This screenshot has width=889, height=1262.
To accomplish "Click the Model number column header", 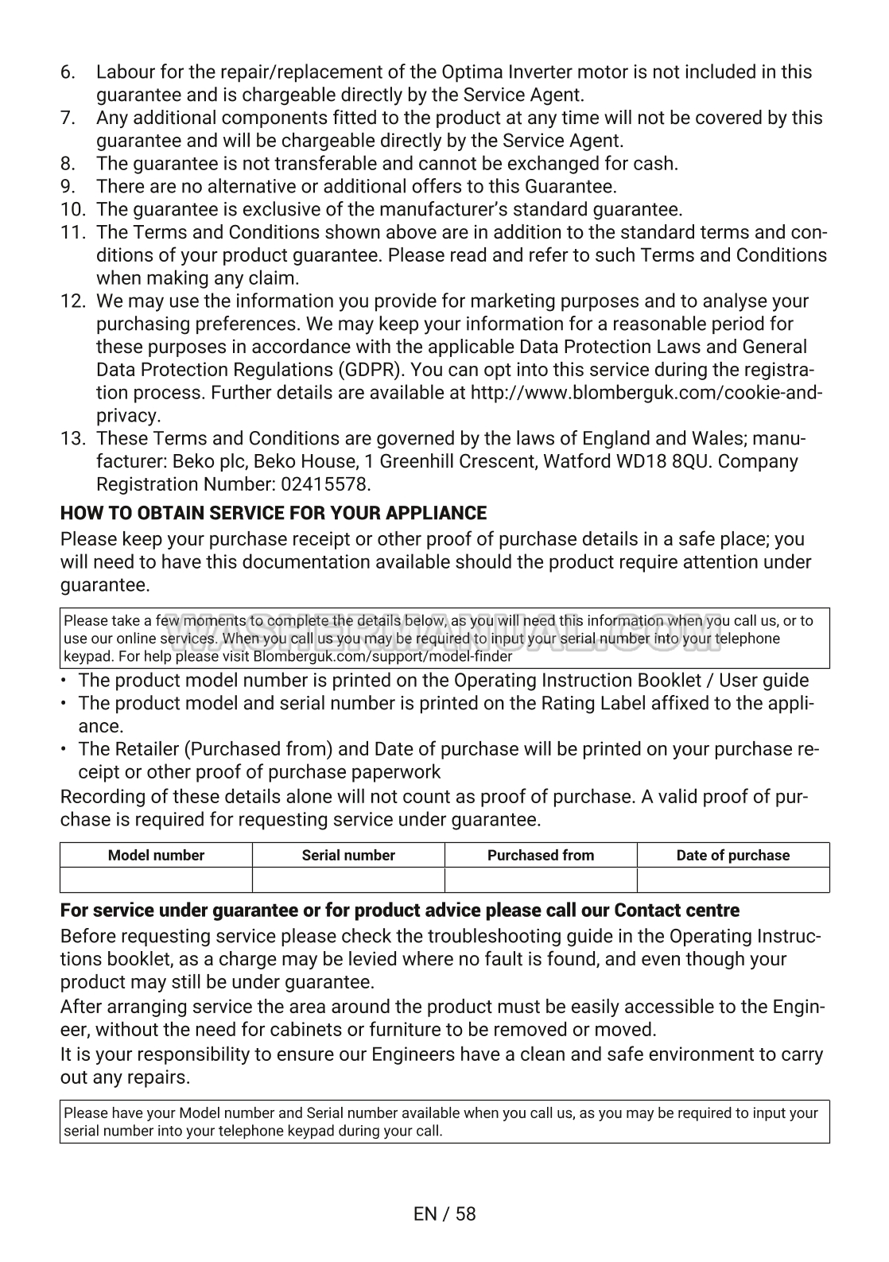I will pyautogui.click(x=156, y=856).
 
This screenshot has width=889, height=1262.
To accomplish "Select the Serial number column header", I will pyautogui.click(x=348, y=856).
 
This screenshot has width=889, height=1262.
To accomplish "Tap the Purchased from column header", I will pyautogui.click(x=541, y=856).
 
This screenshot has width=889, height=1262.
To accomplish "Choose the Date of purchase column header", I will pyautogui.click(x=733, y=856).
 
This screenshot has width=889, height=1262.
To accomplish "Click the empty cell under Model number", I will pyautogui.click(x=156, y=880).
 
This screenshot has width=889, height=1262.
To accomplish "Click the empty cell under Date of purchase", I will pyautogui.click(x=733, y=880).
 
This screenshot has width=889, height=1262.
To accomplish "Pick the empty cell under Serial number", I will pyautogui.click(x=348, y=880).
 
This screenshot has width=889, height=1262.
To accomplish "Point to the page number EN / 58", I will pyautogui.click(x=444, y=1213).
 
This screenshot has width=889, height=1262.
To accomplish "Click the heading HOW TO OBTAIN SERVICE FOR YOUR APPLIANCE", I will pyautogui.click(x=274, y=513).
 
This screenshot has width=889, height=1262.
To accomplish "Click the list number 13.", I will pyautogui.click(x=72, y=439).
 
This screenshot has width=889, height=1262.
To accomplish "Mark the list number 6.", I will pyautogui.click(x=68, y=72).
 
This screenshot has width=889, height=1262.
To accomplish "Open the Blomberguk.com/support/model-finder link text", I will pyautogui.click(x=382, y=657).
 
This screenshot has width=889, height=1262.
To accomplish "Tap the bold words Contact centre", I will pyautogui.click(x=677, y=911).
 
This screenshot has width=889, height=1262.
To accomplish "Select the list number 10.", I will pyautogui.click(x=72, y=210).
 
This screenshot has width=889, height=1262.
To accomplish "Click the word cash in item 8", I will pyautogui.click(x=658, y=164).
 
